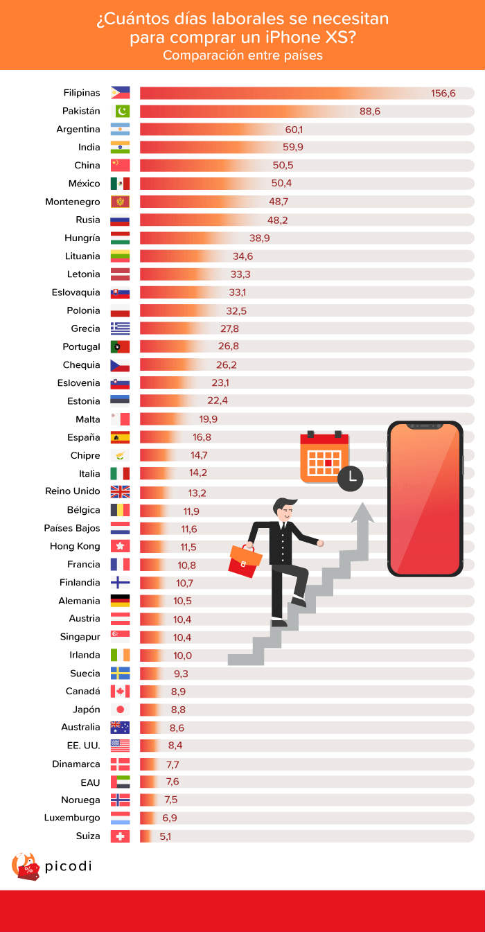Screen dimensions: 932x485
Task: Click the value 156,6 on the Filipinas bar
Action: coord(443,93)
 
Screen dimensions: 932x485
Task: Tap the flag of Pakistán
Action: coord(120,111)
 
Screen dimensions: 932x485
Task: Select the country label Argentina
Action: coord(78,129)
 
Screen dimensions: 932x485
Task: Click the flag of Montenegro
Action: coord(120,202)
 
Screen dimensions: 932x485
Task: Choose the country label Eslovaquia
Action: coord(76,292)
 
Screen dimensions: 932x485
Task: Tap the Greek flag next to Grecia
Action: coord(120,328)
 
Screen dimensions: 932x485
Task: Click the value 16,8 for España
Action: coord(202,437)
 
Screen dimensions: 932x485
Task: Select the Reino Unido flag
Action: coord(120,491)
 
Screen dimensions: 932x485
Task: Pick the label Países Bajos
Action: coord(73,528)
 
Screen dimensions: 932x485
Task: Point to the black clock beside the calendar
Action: coord(351,477)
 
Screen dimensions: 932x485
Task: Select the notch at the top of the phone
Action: coord(425,426)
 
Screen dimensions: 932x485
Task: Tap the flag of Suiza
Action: coord(120,836)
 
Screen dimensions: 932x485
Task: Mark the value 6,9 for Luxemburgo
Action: coord(169,818)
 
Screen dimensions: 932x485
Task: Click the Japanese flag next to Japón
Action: coord(120,710)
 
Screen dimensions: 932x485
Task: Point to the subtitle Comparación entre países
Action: coord(242,55)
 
